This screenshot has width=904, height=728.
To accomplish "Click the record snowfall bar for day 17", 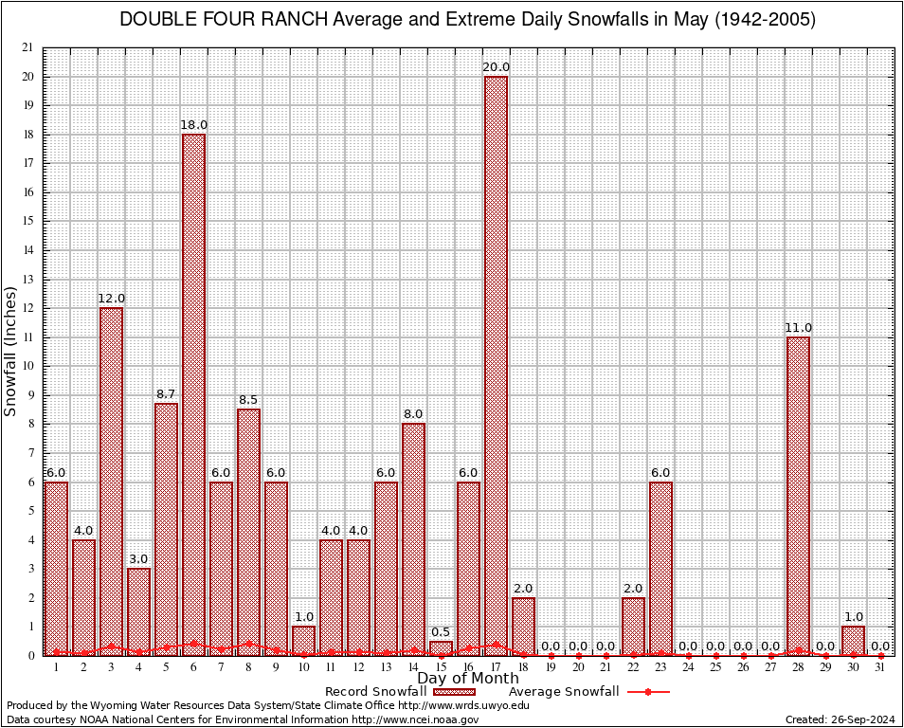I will [x=496, y=365].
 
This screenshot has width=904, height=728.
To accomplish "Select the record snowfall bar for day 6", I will [x=193, y=394].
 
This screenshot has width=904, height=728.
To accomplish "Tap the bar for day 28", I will [x=798, y=496].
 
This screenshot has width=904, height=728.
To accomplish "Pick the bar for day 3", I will [x=111, y=481].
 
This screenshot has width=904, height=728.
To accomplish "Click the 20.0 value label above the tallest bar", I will [x=496, y=67].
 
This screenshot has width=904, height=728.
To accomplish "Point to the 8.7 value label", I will [x=166, y=394].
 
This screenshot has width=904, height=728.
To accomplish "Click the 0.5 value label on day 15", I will [x=441, y=632].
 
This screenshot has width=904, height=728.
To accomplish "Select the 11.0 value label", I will [x=798, y=328].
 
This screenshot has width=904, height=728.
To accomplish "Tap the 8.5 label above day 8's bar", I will [x=248, y=400].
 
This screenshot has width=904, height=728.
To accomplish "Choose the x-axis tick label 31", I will [x=880, y=667].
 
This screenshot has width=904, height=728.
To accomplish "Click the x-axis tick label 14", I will [x=413, y=667].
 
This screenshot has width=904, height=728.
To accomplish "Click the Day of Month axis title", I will [x=467, y=679].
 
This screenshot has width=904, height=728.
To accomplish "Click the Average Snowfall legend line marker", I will [x=647, y=692].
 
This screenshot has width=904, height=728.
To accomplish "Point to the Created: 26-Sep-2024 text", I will [x=840, y=719].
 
